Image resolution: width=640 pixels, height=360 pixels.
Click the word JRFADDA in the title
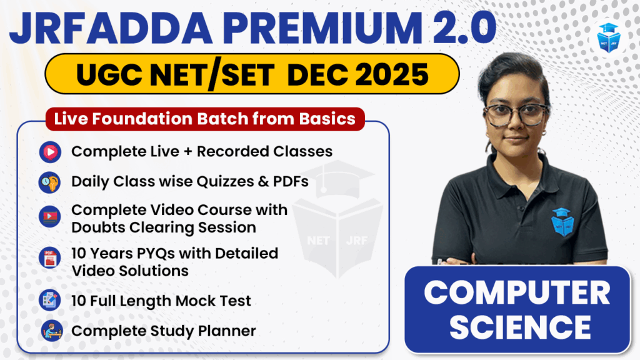pyautogui.click(x=111, y=28)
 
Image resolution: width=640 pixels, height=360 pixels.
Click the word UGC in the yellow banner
pyautogui.click(x=109, y=74)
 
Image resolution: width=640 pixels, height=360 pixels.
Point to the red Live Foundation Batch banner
pyautogui.click(x=205, y=119)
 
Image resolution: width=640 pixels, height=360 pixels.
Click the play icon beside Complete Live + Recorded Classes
pyautogui.click(x=50, y=152)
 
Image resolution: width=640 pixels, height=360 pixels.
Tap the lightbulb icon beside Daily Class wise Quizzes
pyautogui.click(x=50, y=182)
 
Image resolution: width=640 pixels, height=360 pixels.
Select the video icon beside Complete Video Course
pyautogui.click(x=50, y=216)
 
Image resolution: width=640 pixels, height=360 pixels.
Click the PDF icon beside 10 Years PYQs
pyautogui.click(x=50, y=258)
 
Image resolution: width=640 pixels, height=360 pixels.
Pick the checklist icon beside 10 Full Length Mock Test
pyautogui.click(x=50, y=300)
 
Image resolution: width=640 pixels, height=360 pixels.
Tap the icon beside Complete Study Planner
pyautogui.click(x=52, y=331)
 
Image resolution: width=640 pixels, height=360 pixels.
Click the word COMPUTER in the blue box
pyautogui.click(x=517, y=293)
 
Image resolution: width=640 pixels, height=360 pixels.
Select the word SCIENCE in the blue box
pyautogui.click(x=520, y=327)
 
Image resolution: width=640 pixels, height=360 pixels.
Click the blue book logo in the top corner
pyautogui.click(x=609, y=37)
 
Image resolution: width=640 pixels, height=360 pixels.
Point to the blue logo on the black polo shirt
pyautogui.click(x=562, y=222)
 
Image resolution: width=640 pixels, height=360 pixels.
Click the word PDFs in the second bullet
pyautogui.click(x=291, y=181)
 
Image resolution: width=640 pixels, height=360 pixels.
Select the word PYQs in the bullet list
pyautogui.click(x=156, y=254)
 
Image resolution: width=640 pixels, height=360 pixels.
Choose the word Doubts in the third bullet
pyautogui.click(x=98, y=227)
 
